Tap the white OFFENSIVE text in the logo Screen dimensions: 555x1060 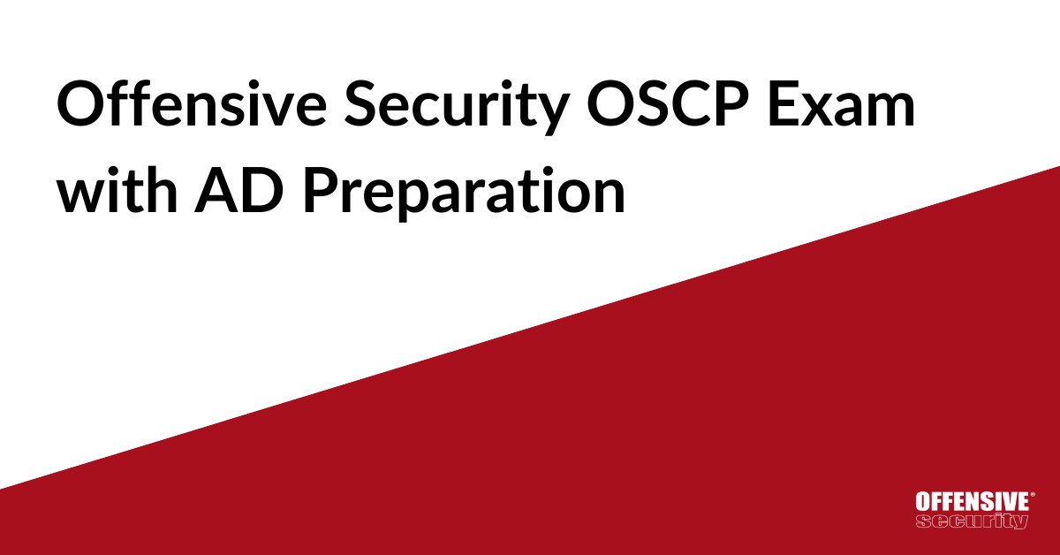pyautogui.click(x=971, y=501)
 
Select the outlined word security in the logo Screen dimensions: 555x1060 pyautogui.click(x=972, y=520)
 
